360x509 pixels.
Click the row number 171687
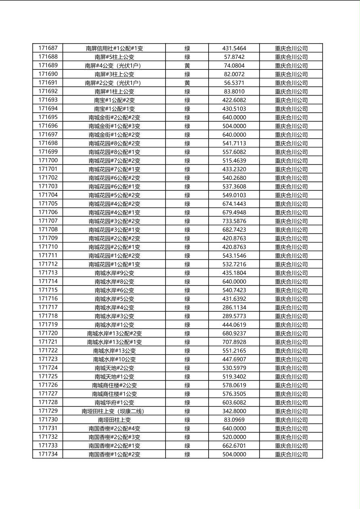tap(48, 48)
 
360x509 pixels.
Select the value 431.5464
tap(234, 48)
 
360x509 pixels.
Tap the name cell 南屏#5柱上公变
tap(114, 57)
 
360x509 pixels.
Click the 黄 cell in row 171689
tap(187, 66)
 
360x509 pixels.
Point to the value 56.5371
tap(234, 83)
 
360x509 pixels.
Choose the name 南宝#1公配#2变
tap(114, 100)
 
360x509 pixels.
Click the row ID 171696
tap(48, 126)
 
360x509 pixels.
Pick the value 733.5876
tap(234, 221)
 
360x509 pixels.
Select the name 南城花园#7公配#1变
tap(114, 169)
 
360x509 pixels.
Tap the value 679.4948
tap(234, 212)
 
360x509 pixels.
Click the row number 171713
tap(48, 273)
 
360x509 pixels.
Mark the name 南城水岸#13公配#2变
tap(114, 334)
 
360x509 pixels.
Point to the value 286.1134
tap(234, 307)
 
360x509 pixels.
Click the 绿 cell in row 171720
tap(187, 334)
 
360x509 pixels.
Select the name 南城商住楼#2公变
tap(114, 385)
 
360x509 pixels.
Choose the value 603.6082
tap(234, 403)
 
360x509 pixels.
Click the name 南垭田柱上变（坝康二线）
tap(114, 411)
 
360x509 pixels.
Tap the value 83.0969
tap(234, 420)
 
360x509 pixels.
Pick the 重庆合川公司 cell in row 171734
tap(291, 455)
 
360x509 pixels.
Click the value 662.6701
tap(234, 446)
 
